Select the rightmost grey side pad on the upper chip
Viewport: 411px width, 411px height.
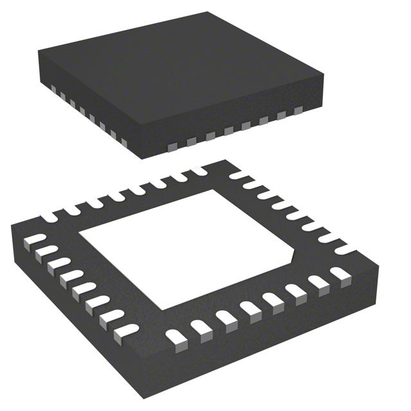point(298,111)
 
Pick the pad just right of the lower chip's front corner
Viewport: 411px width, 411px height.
point(175,336)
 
